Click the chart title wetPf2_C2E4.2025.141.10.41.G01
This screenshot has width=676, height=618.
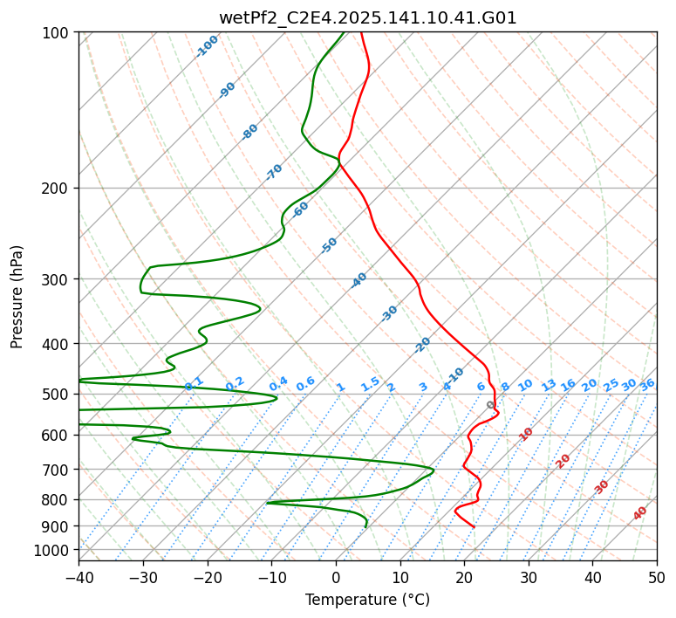coord(367,17)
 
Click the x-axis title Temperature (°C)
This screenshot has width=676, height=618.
coord(367,600)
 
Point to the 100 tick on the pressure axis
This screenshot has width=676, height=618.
coord(58,32)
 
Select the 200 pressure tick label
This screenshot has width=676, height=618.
coord(58,188)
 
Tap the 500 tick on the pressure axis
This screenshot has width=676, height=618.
coord(58,394)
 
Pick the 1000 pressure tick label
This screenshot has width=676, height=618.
coord(54,550)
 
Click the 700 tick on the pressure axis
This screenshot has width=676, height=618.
coord(58,470)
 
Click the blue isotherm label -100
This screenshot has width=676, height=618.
coord(208,45)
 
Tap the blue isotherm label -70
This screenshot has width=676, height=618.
coord(274,172)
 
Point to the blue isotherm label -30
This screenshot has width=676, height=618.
coord(389,313)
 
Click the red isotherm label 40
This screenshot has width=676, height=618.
coord(640,513)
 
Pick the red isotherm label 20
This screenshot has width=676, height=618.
coord(563,460)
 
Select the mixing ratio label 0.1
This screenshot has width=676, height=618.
coord(194,383)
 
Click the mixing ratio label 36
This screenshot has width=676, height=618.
coord(647,384)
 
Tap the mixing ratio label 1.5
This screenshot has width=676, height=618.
coord(370,383)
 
